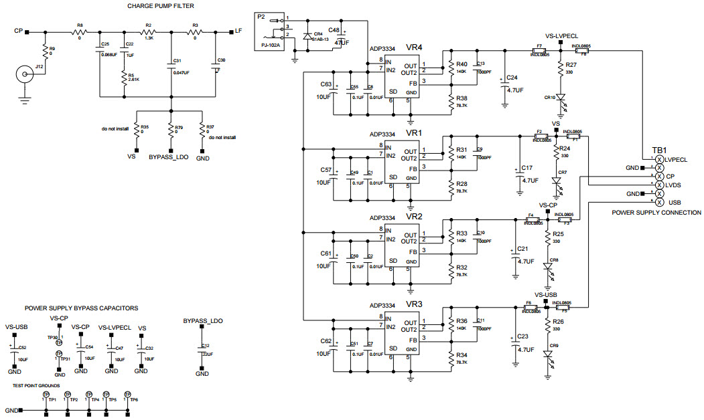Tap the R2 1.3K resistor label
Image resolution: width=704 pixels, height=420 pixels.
click(148, 25)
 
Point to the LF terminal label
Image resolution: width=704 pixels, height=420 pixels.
click(238, 31)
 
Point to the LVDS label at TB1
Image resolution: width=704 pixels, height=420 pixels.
click(674, 185)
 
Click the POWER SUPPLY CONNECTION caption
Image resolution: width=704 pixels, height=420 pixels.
click(656, 213)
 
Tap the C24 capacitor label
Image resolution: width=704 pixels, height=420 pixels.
click(515, 78)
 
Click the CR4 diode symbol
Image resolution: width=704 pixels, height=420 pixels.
click(307, 36)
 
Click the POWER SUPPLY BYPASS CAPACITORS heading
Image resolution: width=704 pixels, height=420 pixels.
click(81, 308)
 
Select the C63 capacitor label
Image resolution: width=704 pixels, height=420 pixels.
click(326, 84)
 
